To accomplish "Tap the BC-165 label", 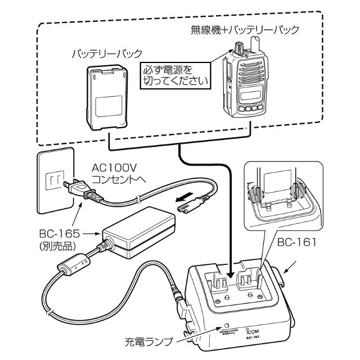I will (56, 233).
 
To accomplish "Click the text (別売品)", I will (56, 245).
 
